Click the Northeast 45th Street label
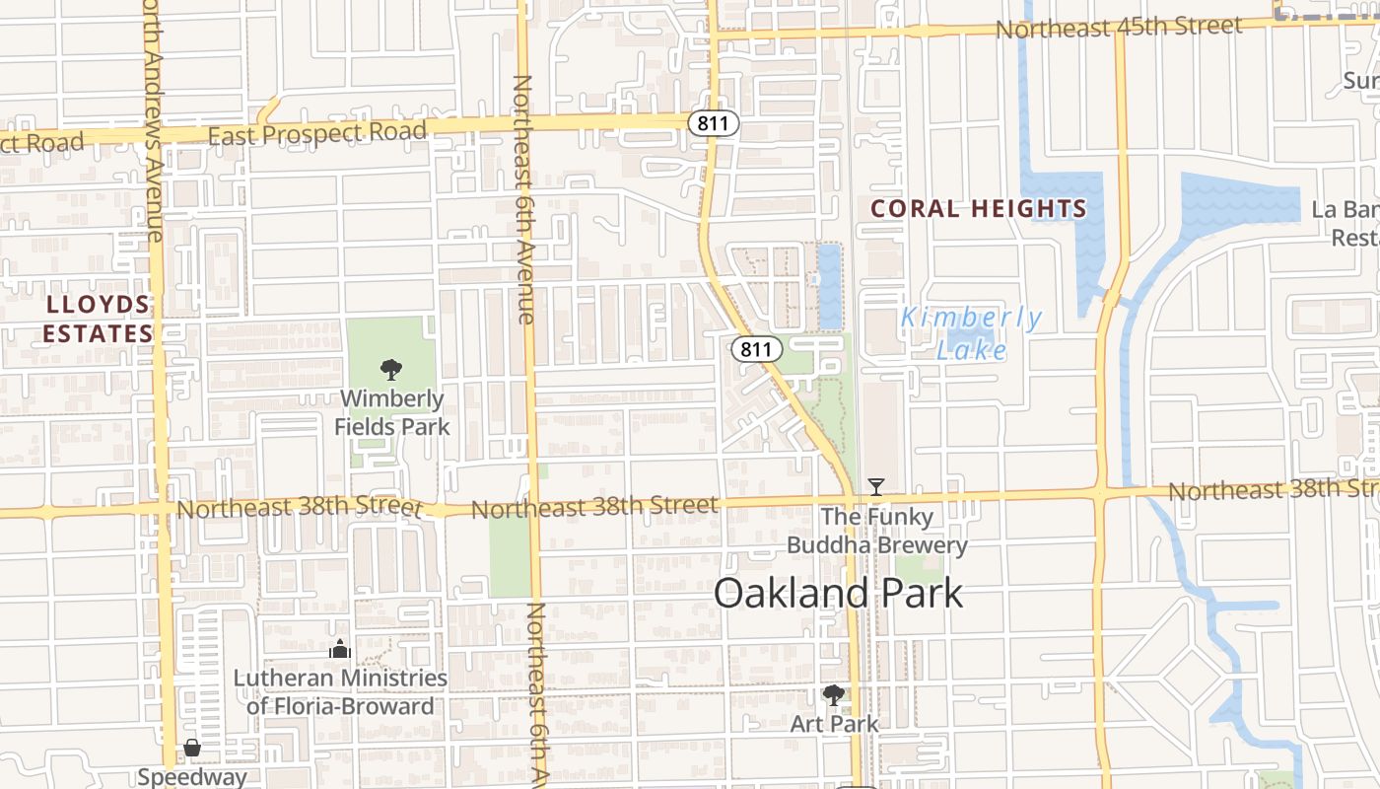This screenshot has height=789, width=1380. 1118,27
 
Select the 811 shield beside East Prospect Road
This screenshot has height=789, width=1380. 714,123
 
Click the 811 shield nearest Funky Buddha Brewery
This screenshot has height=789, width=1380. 757,348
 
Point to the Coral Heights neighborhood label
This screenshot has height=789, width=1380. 979,209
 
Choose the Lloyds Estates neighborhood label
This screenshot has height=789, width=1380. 97,319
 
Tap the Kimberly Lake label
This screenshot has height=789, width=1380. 972,333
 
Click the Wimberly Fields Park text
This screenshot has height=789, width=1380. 392,412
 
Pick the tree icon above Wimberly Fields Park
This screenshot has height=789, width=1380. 391,370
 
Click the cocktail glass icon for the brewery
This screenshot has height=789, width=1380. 875,486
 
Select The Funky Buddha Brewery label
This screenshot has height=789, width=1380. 877,531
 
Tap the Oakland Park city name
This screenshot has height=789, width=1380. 838,594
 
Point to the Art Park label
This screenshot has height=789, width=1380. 834,724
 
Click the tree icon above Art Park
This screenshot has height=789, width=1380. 834,695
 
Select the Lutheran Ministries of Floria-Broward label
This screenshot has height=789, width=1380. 340,692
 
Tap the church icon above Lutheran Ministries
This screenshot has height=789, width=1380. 340,649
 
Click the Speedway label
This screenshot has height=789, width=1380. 192,776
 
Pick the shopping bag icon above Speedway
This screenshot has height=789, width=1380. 192,749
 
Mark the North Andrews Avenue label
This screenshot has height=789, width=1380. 152,118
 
